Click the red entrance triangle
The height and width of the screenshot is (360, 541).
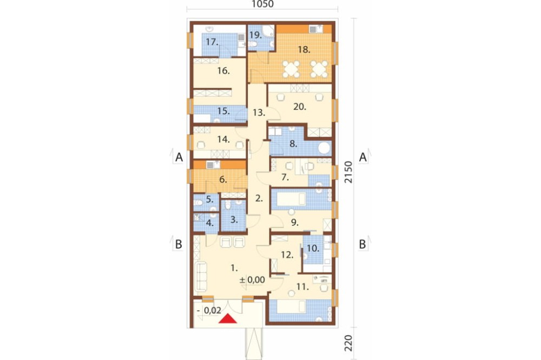pos(228,319)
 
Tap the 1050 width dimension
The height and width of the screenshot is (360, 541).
pos(262,4)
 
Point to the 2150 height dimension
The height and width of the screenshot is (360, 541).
pos(348,172)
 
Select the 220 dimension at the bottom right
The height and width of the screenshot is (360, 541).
pos(348,343)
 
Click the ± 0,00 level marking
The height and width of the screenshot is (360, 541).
pos(252,280)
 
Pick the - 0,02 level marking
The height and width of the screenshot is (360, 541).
pos(209,310)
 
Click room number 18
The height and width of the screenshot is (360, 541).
pos(304,50)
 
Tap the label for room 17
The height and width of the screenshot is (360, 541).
pos(212,42)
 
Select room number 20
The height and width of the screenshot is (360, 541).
pos(300,107)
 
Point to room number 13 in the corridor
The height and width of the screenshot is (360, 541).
pos(259,112)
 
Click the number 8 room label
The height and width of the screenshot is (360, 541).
pos(293,144)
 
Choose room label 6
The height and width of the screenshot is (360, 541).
pos(223,179)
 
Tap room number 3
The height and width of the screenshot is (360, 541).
pos(234,219)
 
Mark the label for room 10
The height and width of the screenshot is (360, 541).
pos(313,248)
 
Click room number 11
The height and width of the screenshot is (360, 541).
pos(302,286)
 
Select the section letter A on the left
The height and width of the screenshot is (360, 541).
pos(179,157)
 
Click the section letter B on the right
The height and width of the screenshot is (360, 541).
pos(362,244)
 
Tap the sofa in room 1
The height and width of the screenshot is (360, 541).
pos(201,276)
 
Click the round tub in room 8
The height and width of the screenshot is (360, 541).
pos(324,148)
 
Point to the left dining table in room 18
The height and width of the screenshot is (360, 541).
pos(291,69)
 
